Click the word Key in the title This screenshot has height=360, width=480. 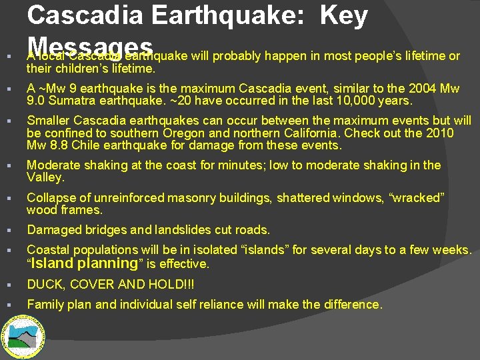[344, 16]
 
